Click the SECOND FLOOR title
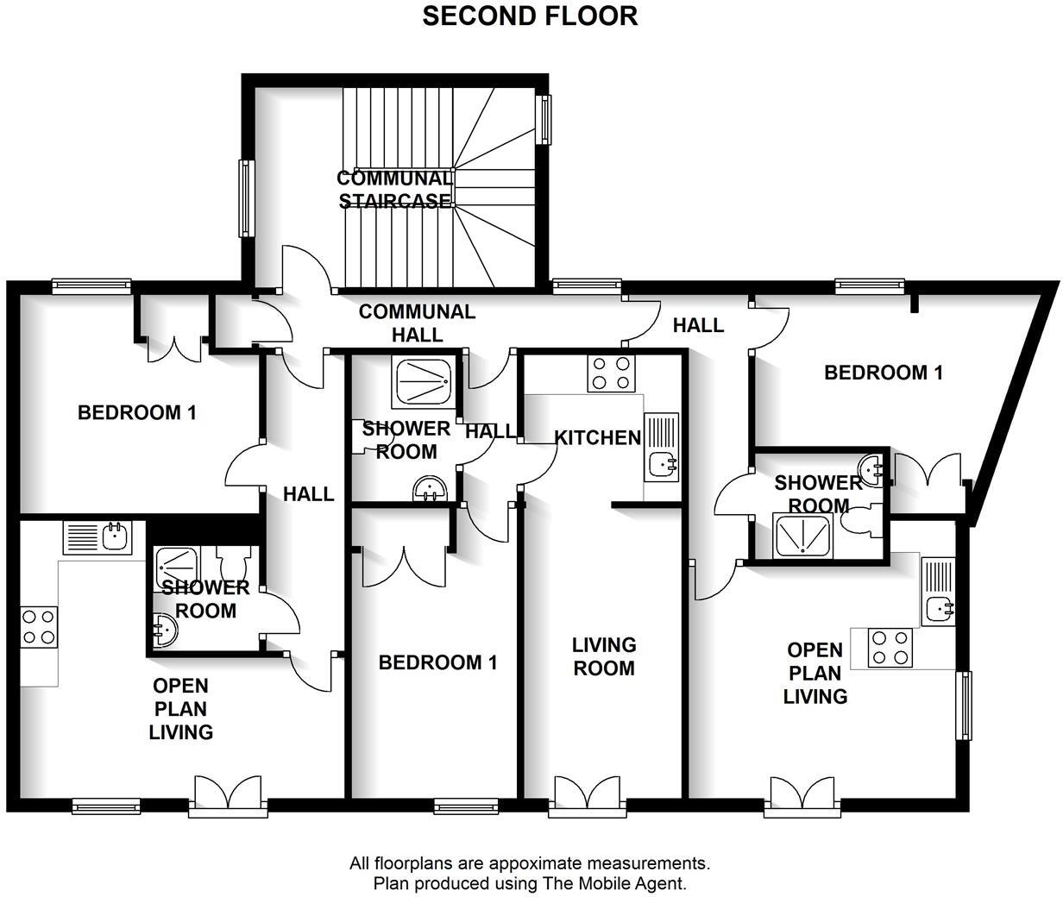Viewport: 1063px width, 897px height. click(530, 16)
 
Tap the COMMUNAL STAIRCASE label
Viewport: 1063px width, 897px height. click(394, 190)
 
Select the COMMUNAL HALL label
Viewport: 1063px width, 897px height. click(417, 323)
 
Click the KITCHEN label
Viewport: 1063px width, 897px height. click(597, 437)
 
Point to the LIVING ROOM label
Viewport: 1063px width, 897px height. click(604, 656)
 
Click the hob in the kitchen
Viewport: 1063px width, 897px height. click(612, 373)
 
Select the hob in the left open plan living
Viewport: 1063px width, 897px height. click(38, 627)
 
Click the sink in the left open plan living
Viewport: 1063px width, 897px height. click(113, 537)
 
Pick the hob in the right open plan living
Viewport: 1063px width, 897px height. click(890, 648)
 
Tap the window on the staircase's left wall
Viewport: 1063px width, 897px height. click(247, 198)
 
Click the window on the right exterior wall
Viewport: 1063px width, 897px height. click(962, 705)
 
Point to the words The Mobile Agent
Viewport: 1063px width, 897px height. click(613, 883)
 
